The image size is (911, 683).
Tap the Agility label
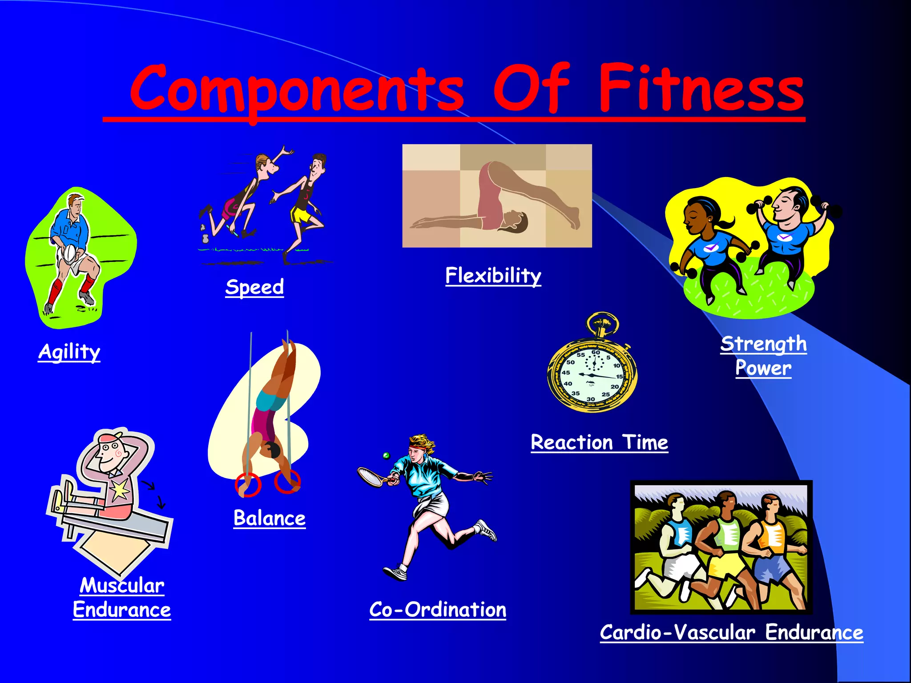(x=69, y=352)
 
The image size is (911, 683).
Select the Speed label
(x=254, y=287)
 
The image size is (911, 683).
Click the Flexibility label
(x=493, y=276)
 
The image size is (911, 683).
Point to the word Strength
(x=763, y=344)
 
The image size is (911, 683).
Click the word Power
(x=763, y=368)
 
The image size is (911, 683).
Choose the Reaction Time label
(x=599, y=442)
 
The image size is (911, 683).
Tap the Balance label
(x=270, y=518)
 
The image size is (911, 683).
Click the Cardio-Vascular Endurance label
(x=731, y=632)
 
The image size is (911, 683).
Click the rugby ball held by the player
(x=70, y=253)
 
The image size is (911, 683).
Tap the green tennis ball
(x=386, y=455)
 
